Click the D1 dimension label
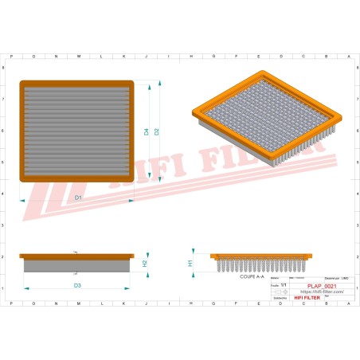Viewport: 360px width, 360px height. click(78, 197)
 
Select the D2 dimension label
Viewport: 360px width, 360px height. click(157, 131)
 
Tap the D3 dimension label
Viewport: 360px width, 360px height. click(77, 284)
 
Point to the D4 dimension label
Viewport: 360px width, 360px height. click(147, 131)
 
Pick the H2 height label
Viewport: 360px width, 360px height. click(144, 263)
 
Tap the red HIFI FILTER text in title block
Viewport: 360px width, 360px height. click(307, 297)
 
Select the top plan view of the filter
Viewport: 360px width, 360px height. click(76, 128)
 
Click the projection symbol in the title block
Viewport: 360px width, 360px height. click(282, 292)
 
